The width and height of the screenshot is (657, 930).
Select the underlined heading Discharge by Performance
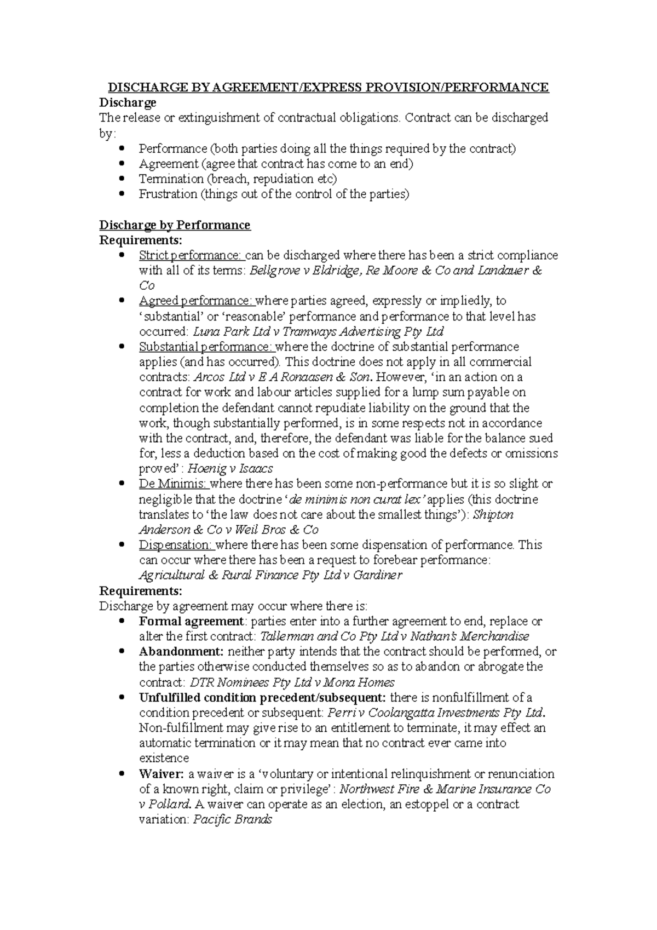[x=174, y=225]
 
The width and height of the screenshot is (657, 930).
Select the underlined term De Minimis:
[x=173, y=484]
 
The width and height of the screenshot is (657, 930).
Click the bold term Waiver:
[x=162, y=774]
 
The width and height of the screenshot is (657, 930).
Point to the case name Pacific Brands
[x=233, y=820]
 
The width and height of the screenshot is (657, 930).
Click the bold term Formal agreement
[x=191, y=622]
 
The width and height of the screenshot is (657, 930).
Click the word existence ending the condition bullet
[x=164, y=759]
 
